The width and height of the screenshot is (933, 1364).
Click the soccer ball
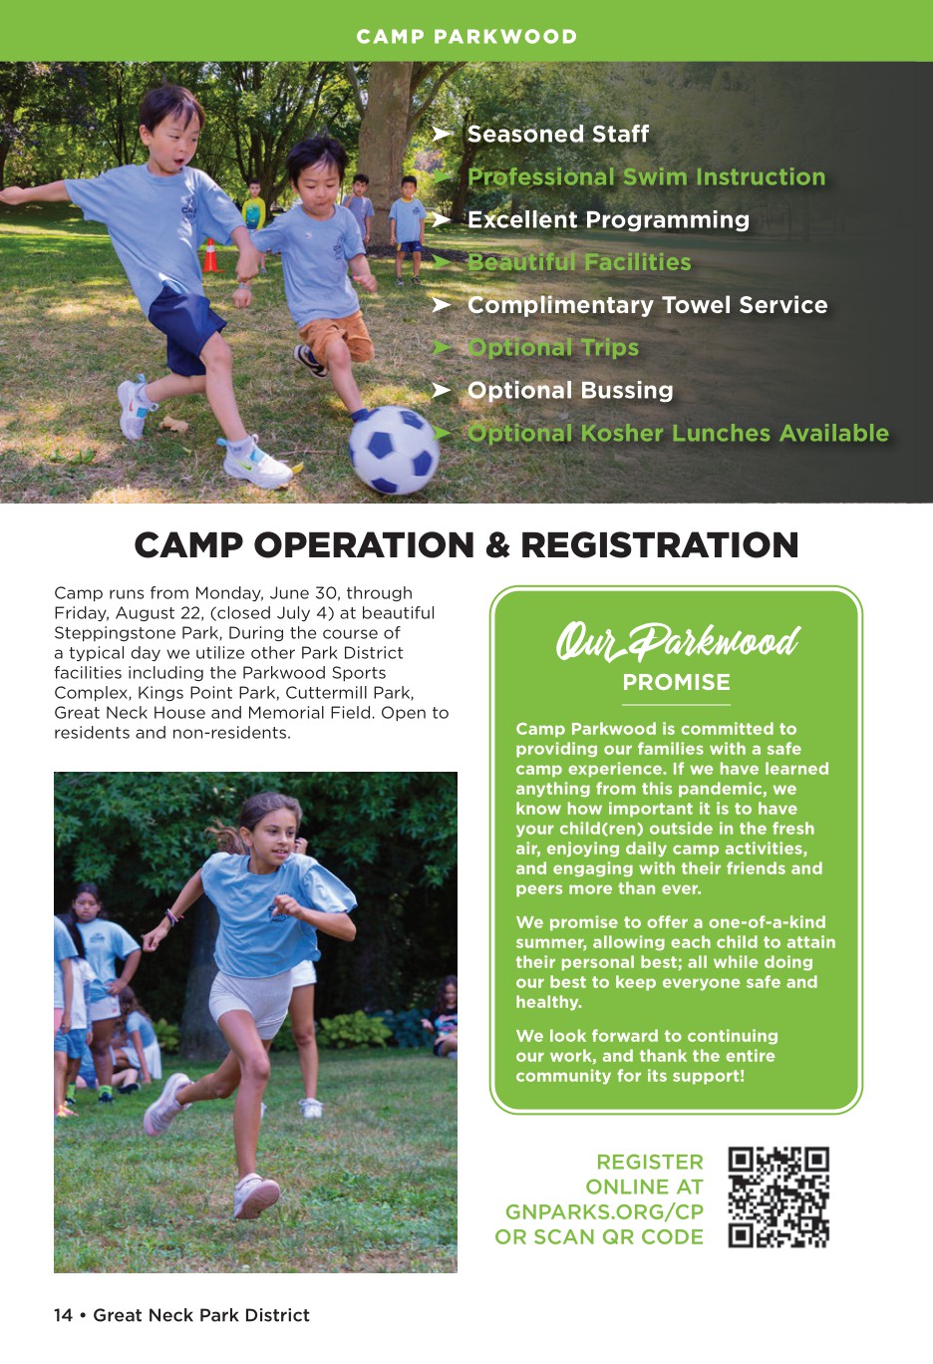[x=393, y=451]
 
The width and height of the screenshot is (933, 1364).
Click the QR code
[x=778, y=1197]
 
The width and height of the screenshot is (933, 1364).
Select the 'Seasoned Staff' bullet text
[x=558, y=134]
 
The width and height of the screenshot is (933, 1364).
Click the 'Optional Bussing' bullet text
[x=570, y=390]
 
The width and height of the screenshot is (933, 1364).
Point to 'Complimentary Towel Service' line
[x=647, y=305]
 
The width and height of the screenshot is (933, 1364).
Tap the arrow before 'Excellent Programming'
[x=443, y=219]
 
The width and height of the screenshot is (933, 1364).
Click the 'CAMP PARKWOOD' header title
[x=466, y=37]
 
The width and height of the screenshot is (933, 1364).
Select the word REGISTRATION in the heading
[x=659, y=545]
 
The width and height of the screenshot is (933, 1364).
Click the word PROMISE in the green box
[x=676, y=683]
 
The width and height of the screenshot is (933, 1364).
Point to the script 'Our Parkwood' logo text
[x=677, y=641]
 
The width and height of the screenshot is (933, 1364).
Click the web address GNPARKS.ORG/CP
[x=604, y=1211]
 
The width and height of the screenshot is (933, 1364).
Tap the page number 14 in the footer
[x=63, y=1315]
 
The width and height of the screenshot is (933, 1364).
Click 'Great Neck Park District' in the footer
[x=201, y=1315]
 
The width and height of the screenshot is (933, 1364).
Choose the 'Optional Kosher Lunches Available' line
[x=678, y=433]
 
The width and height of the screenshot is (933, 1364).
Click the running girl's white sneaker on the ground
[x=256, y=1195]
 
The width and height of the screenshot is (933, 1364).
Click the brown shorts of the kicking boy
[x=340, y=337]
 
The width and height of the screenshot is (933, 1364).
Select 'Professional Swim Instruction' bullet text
[x=646, y=176]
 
